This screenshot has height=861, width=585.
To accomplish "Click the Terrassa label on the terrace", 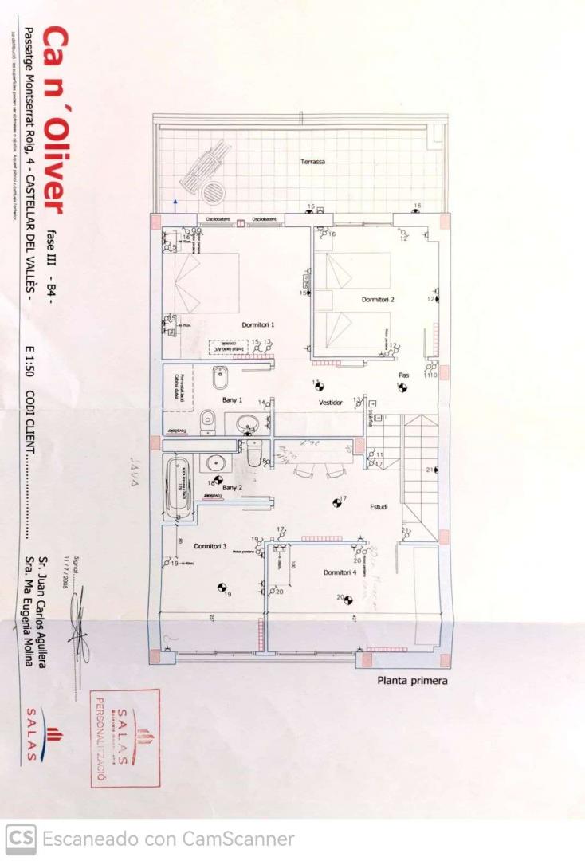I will coord(312,162).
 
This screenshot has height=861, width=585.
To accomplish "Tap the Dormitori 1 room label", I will coord(258,324).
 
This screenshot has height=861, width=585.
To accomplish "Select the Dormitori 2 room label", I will coord(379,300).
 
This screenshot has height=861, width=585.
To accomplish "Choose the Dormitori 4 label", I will coord(340,572).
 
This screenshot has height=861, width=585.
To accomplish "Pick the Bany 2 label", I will coord(232,487).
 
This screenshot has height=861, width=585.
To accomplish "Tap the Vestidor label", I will coord(331,403).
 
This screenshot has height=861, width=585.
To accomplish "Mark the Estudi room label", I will coord(379,507).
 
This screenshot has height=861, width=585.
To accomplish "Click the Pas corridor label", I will coord(403,375).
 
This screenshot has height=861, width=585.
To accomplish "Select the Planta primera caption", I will coord(412,681).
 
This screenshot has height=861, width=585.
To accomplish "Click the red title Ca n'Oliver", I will coord(53,120).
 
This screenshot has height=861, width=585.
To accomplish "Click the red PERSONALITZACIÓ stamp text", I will coord(101,737).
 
